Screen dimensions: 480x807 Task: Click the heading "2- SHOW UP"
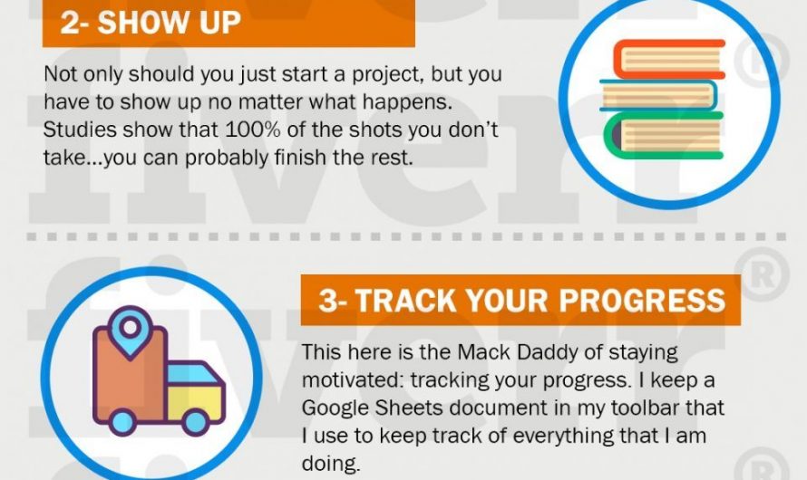point(151,23)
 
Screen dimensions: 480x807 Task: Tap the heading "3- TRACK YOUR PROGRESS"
point(521,301)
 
